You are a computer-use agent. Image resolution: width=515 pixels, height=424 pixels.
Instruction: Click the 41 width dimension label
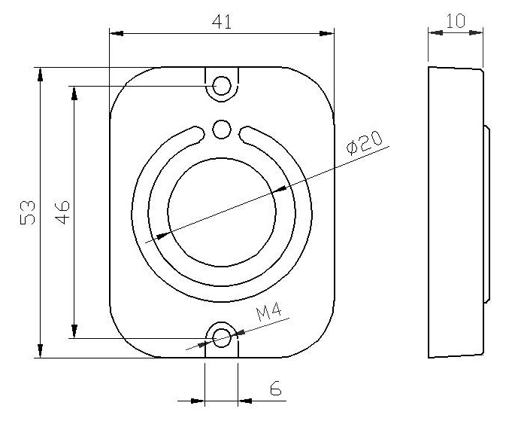click(221, 22)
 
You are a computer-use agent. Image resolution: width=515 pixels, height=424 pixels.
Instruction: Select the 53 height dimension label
click(28, 212)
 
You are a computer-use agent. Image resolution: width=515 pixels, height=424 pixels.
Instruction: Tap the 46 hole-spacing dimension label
click(62, 212)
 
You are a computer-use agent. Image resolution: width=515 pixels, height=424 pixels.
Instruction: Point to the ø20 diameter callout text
click(365, 143)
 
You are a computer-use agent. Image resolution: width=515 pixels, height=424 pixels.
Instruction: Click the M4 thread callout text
click(269, 312)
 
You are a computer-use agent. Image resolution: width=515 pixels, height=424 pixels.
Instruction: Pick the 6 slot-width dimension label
click(276, 388)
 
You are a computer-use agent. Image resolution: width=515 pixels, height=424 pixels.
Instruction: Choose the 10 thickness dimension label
click(456, 21)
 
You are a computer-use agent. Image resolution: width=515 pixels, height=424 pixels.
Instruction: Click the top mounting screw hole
click(222, 86)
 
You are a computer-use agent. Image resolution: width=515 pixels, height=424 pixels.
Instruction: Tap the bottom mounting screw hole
click(222, 338)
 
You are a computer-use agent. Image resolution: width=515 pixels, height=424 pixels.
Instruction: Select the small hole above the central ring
click(222, 130)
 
